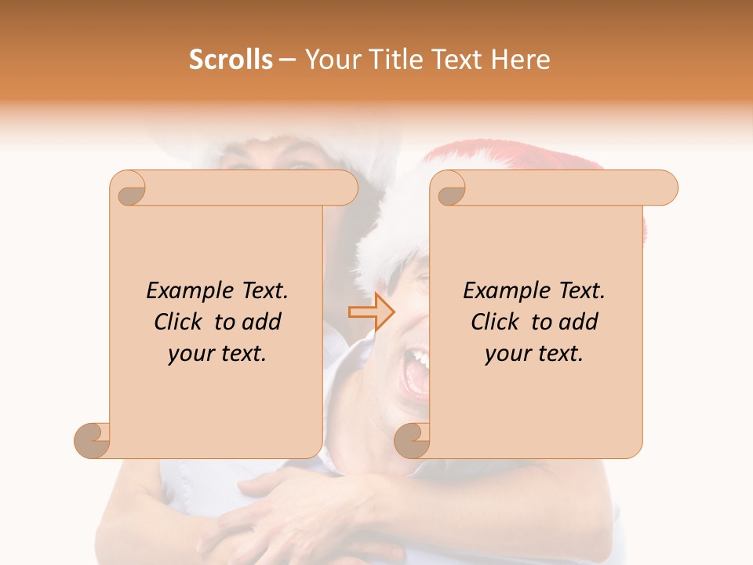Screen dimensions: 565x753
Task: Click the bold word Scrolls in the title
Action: (x=231, y=60)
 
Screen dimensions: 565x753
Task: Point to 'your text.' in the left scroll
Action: (x=217, y=354)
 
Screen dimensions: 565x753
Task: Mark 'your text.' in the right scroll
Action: (x=534, y=354)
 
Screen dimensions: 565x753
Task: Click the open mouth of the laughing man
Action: (x=413, y=373)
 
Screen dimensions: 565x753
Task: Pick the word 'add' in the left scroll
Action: (x=262, y=322)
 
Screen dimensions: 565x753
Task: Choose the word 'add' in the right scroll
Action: (x=579, y=322)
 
